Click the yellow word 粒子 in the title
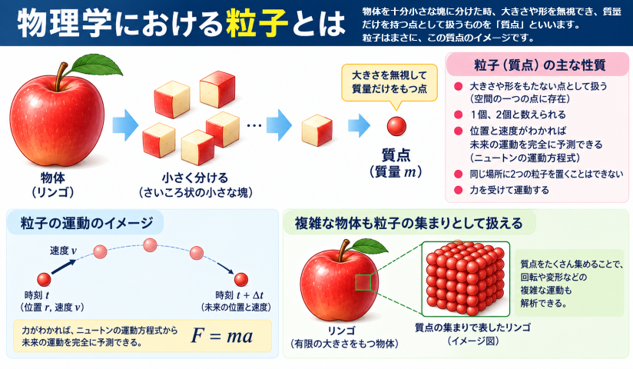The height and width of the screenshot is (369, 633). [x=257, y=23]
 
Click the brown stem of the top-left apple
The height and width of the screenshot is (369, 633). [x=61, y=77]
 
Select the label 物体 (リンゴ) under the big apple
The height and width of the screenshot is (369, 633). [x=53, y=184]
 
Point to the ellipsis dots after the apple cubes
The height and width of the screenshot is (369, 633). [x=254, y=125]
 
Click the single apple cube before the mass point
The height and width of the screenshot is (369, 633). [x=317, y=130]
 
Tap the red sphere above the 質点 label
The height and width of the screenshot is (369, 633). [x=396, y=126]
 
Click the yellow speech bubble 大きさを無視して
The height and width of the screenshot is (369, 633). [x=389, y=82]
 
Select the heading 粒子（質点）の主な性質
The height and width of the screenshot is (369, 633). [x=540, y=65]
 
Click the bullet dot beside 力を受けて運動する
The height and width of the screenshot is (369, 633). [x=458, y=190]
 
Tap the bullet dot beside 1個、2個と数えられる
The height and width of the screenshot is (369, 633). [x=458, y=115]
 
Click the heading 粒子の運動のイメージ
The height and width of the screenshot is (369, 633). [x=87, y=223]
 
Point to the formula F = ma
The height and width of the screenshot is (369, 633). [x=222, y=336]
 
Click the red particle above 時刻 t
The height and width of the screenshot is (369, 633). [x=44, y=279]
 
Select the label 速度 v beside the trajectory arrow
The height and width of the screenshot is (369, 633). [x=64, y=251]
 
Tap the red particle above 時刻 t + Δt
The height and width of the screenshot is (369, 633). [x=241, y=280]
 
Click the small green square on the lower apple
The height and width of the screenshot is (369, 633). [x=363, y=282]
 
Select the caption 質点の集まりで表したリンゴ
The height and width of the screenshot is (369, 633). [x=472, y=327]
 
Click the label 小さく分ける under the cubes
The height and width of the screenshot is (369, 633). [x=195, y=178]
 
